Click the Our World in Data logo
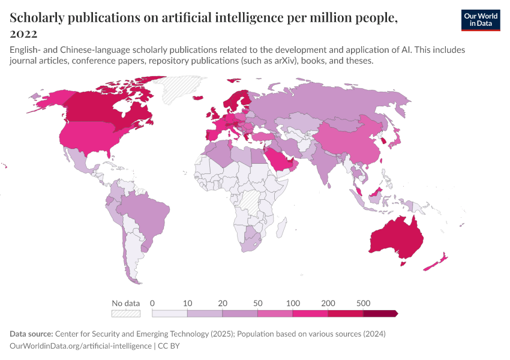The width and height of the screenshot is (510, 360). click(480, 19)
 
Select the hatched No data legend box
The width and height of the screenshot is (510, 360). click(125, 313)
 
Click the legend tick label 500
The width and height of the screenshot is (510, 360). click(363, 303)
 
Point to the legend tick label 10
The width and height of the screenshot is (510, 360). click(187, 303)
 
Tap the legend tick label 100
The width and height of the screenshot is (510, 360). click(293, 303)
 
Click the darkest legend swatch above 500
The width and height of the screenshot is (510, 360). click(380, 313)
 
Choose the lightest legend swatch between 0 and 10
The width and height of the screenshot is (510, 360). click(170, 313)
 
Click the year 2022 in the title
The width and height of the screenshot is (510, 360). click(23, 33)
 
